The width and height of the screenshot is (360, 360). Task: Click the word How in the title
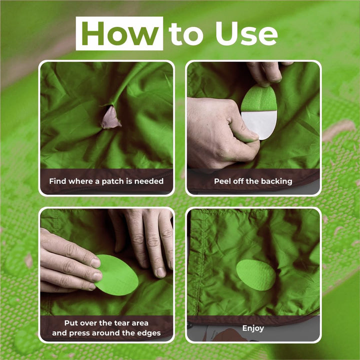[119, 33]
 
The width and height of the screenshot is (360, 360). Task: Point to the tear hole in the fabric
[111, 118]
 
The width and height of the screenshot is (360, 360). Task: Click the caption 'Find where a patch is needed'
[106, 181]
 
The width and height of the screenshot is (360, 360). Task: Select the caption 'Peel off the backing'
[253, 181]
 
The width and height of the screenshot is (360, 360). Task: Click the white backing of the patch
[259, 124]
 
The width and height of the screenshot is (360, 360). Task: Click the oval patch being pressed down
[116, 274]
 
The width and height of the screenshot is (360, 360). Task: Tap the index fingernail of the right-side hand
[160, 272]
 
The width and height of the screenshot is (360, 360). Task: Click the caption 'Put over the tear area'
[106, 322]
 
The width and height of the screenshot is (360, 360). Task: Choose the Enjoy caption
[253, 328]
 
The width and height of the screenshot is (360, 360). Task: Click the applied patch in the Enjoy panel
[255, 274]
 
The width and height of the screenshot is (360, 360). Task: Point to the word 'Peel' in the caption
[223, 181]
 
